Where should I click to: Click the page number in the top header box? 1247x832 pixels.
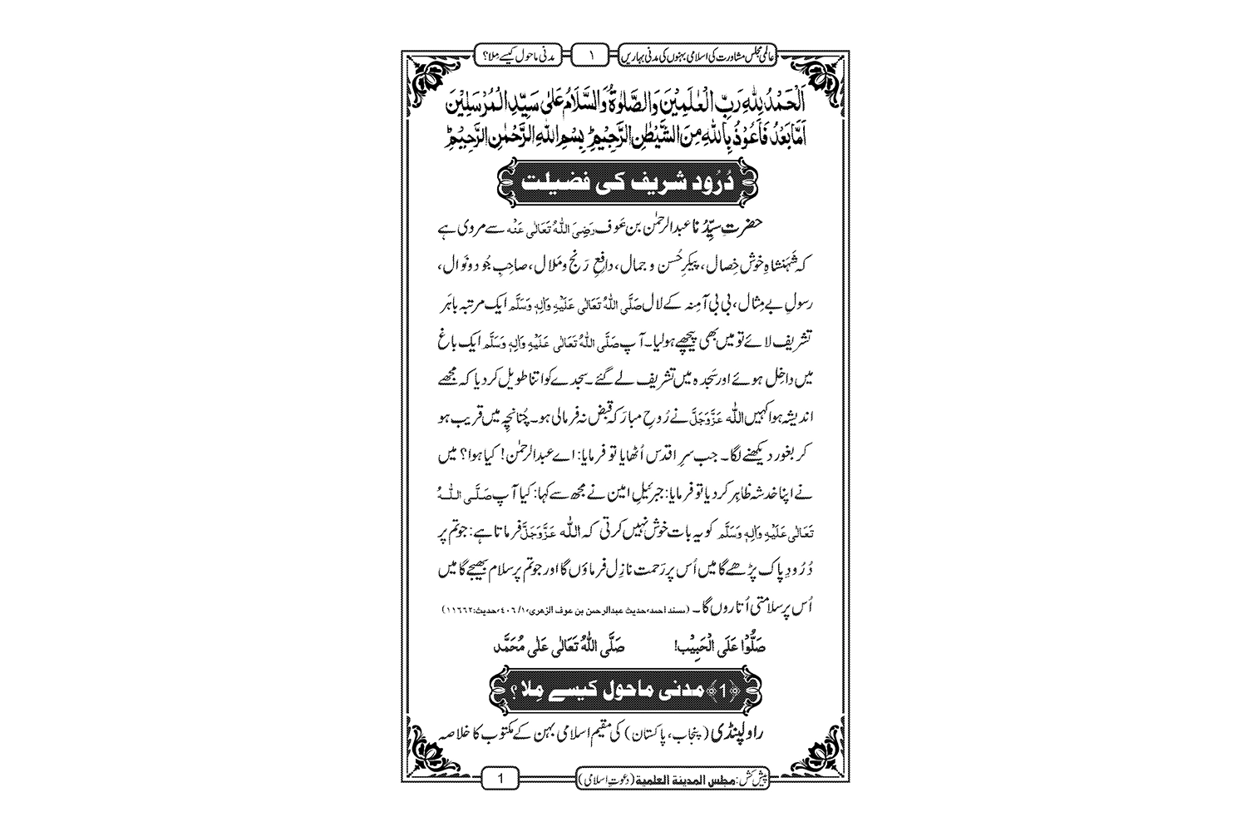click(x=592, y=56)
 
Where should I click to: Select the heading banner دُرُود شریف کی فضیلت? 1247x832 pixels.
click(x=623, y=181)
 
